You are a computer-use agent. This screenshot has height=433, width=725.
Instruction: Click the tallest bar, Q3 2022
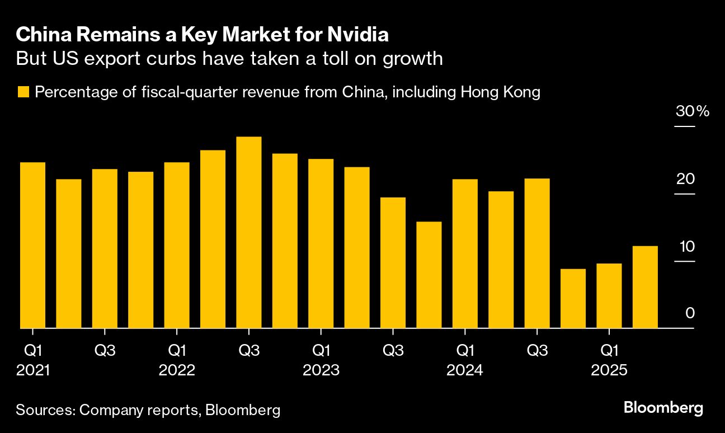[x=249, y=232]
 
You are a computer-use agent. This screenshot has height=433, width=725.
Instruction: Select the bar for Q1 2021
[x=32, y=245]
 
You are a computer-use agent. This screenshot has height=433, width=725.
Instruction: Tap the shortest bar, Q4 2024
[x=573, y=298]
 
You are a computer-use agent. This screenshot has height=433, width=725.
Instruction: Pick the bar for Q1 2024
[x=465, y=253]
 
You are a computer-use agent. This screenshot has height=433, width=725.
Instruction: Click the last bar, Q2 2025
[x=645, y=286]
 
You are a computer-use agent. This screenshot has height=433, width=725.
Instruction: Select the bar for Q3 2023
[x=393, y=262]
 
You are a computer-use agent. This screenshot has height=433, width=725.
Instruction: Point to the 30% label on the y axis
[x=692, y=111]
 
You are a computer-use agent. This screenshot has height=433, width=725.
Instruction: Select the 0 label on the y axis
[x=690, y=313]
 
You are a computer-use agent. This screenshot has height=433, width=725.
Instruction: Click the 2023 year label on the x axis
[x=321, y=370]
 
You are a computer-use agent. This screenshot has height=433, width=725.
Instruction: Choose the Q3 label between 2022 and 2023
[x=249, y=351]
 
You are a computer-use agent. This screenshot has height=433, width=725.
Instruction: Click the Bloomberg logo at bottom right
[x=663, y=408]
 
